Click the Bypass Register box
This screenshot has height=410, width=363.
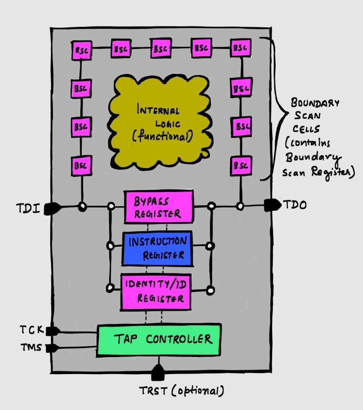(x=158, y=207)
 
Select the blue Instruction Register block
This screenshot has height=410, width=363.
(x=157, y=248)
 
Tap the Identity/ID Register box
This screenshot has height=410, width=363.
(x=156, y=291)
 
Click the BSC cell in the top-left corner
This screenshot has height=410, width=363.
(x=82, y=50)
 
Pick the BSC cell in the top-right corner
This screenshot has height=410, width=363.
(x=241, y=49)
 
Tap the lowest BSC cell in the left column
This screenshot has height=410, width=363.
(x=82, y=166)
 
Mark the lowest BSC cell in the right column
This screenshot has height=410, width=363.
(x=241, y=166)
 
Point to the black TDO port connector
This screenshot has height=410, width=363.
(x=272, y=205)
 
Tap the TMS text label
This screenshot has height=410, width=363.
(x=31, y=348)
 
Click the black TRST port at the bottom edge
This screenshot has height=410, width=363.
(x=157, y=374)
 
